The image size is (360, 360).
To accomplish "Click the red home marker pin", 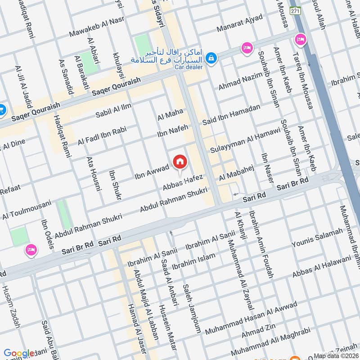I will (180, 161).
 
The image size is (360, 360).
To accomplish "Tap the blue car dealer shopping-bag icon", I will (211, 58).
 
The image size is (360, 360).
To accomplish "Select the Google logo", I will (19, 354).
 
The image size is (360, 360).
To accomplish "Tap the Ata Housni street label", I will (93, 173).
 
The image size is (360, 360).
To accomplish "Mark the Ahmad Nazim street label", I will (240, 81).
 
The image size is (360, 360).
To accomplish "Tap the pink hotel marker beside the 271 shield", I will (300, 40).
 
